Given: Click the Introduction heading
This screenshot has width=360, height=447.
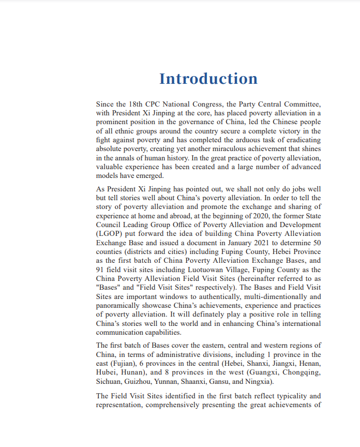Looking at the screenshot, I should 208,79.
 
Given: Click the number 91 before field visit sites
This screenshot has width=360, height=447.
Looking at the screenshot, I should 101,270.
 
